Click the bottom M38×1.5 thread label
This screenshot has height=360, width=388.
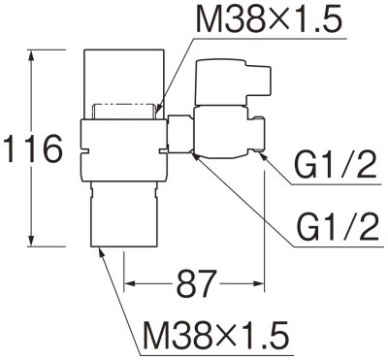tap(215, 336)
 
